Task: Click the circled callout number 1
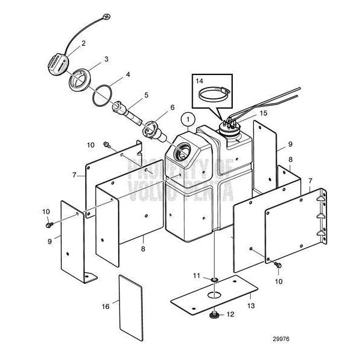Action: [x=189, y=119]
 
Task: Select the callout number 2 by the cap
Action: [x=83, y=43]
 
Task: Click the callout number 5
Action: [x=146, y=94]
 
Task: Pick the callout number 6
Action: [x=172, y=108]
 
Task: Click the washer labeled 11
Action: [x=214, y=279]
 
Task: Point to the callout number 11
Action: [x=196, y=275]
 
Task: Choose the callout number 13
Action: [x=251, y=305]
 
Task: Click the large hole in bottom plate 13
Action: [x=214, y=295]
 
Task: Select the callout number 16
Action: [x=106, y=307]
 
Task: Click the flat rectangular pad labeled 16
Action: [x=132, y=306]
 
